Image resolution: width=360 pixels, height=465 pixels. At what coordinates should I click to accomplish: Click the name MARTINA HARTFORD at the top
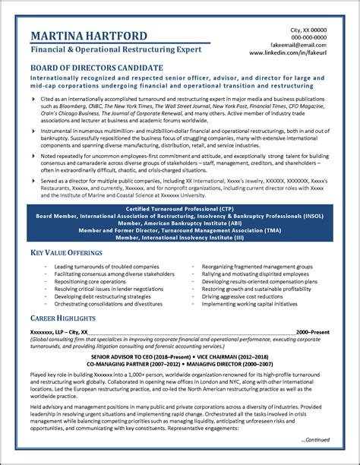(x=93, y=36)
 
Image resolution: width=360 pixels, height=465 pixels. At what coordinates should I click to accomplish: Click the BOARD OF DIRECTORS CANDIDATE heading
(x=96, y=68)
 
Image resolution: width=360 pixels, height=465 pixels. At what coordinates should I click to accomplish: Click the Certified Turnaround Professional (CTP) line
(x=180, y=208)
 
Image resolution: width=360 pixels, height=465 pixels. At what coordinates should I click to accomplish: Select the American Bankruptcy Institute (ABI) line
(x=180, y=223)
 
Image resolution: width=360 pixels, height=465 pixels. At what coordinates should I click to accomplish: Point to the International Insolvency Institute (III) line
(x=180, y=238)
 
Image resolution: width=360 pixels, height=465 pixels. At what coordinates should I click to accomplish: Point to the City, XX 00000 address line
(x=308, y=29)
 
